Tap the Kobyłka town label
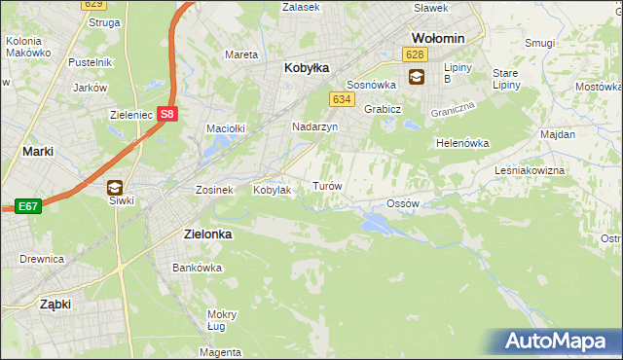pyautogui.click(x=307, y=68)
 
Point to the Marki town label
pyautogui.click(x=37, y=151)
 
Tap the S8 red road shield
pyautogui.click(x=168, y=113)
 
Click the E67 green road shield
pyautogui.click(x=26, y=206)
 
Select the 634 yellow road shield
pyautogui.click(x=341, y=99)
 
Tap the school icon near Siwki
pyautogui.click(x=115, y=187)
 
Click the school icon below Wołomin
pyautogui.click(x=417, y=77)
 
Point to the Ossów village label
pyautogui.click(x=402, y=203)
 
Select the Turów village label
pyautogui.click(x=325, y=186)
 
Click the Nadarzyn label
pyautogui.click(x=315, y=127)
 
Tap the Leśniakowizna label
pyautogui.click(x=558, y=170)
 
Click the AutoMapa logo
pyautogui.click(x=561, y=341)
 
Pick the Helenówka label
pyautogui.click(x=462, y=143)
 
